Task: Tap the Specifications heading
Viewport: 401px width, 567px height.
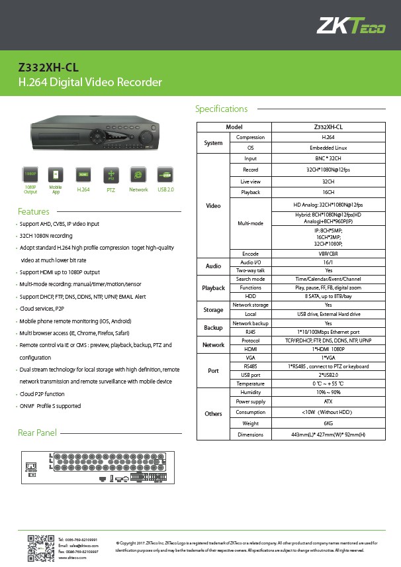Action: (221, 109)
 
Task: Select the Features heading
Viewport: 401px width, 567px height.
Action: (34, 212)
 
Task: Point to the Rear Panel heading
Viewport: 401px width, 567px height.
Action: (37, 433)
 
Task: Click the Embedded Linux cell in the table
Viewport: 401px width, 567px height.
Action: (328, 148)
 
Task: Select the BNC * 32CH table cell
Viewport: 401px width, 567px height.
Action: (328, 159)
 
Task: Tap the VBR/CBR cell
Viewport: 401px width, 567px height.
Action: (328, 254)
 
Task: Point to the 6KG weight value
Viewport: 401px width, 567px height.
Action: (328, 423)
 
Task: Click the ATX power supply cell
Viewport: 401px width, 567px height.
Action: (328, 401)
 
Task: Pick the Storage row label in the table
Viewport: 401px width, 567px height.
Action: (213, 309)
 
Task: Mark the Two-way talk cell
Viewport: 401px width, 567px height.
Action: (250, 270)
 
